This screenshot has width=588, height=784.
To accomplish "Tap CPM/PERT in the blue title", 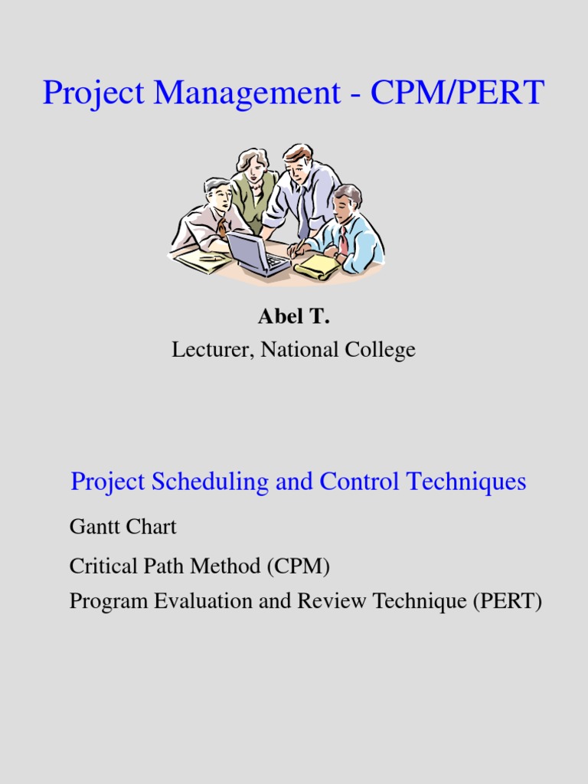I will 456,93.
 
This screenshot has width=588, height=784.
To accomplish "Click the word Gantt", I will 90,527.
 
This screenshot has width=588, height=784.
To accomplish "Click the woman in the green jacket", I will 253,188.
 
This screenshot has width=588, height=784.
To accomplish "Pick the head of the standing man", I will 297,161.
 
